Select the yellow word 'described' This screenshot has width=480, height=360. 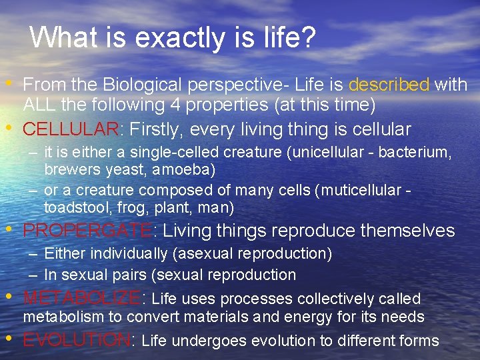pos(389,85)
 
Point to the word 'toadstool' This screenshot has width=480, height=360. pos(73,208)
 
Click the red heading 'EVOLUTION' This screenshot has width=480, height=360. pos(77,340)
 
